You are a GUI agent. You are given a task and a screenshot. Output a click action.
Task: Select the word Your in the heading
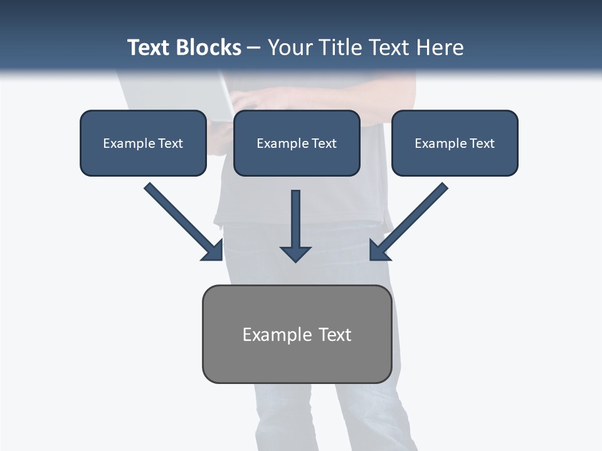click(291, 48)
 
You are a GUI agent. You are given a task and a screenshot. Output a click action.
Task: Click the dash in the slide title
click(254, 48)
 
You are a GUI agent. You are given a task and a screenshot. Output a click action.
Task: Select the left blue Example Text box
click(143, 143)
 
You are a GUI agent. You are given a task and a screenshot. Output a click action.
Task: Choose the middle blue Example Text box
click(297, 143)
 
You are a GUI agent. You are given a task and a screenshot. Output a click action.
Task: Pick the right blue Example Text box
click(455, 143)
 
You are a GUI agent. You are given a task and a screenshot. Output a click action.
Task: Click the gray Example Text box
click(297, 334)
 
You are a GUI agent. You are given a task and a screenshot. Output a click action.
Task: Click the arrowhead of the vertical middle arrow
click(295, 253)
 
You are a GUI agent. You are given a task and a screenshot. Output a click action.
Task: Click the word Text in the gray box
click(335, 334)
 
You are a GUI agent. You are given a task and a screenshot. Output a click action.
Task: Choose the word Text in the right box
click(482, 143)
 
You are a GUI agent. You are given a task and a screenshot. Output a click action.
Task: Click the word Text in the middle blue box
click(324, 143)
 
